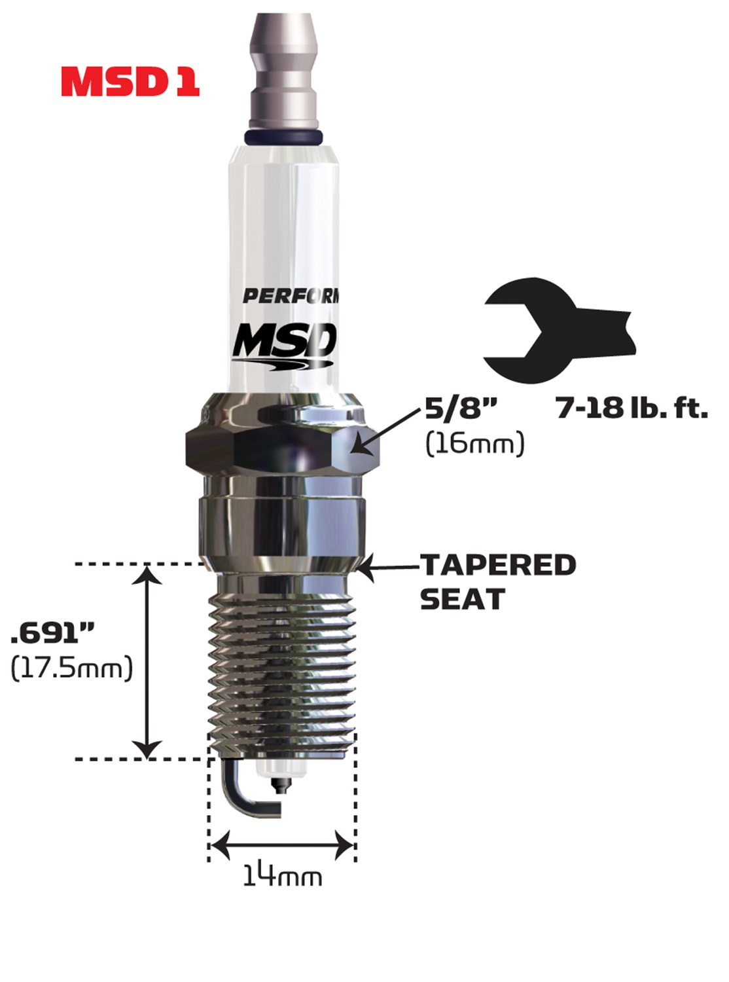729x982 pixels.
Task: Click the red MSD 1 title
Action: point(130,82)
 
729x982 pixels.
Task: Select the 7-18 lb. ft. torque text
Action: point(631,408)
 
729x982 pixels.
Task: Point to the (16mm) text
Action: point(475,444)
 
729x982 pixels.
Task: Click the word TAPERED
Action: point(498,565)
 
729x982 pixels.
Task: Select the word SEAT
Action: point(462,599)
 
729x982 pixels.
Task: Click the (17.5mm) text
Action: point(72,668)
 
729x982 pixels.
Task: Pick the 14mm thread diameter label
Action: point(282,876)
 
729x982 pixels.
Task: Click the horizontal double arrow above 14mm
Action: point(282,845)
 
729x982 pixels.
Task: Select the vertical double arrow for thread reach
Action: point(147,661)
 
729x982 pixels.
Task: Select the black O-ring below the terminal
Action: point(283,137)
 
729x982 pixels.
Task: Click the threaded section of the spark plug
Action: point(283,674)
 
